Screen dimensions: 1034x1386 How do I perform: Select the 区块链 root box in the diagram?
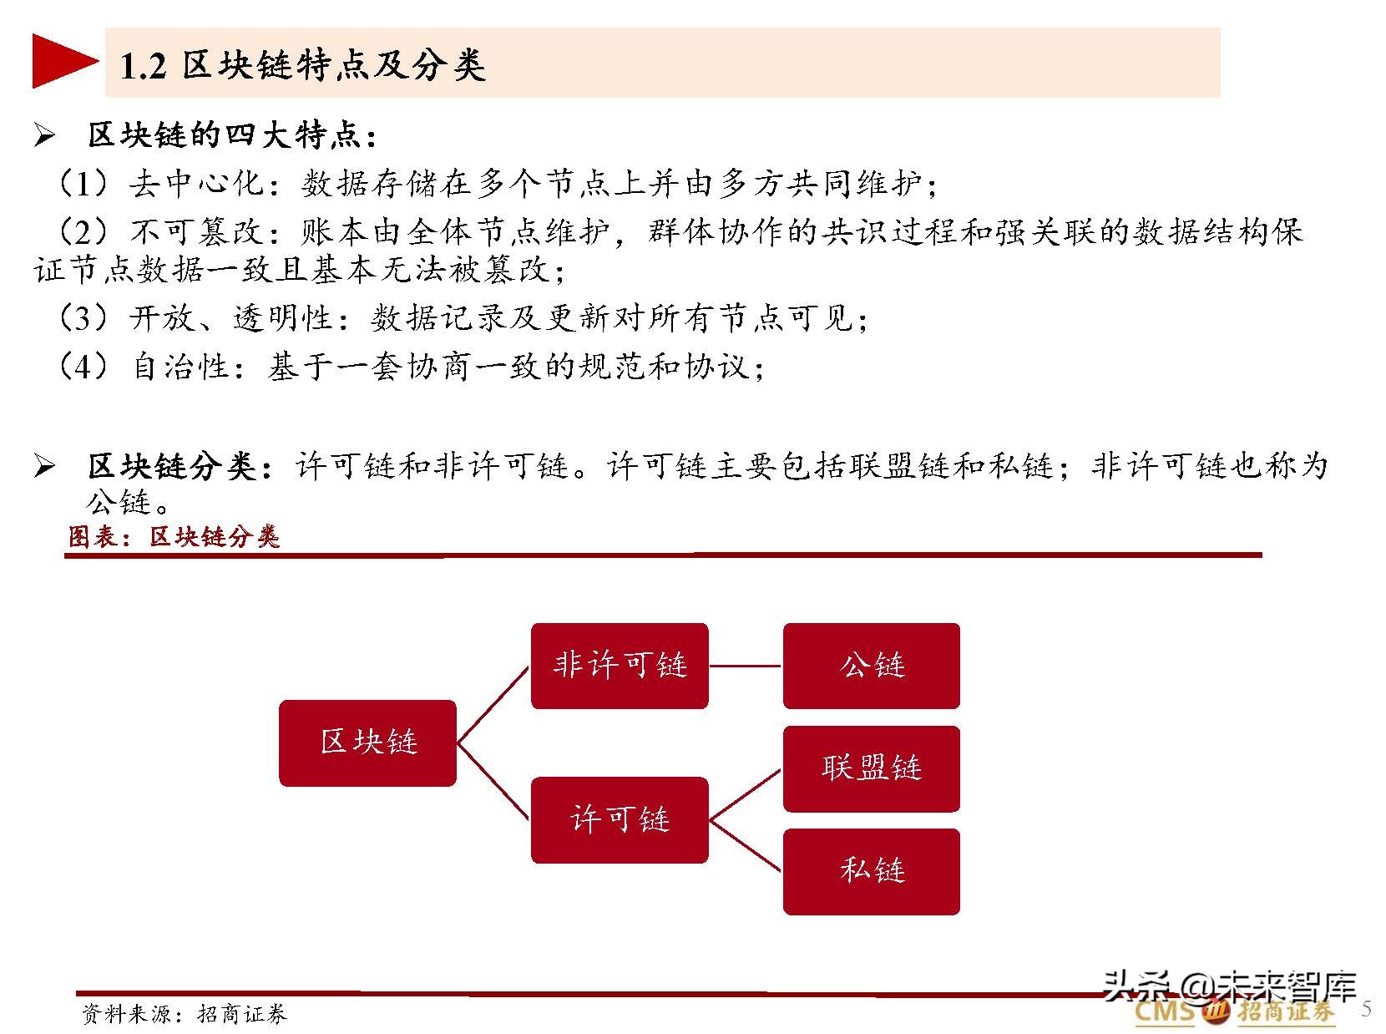(x=367, y=743)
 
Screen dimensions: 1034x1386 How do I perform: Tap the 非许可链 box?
(x=620, y=666)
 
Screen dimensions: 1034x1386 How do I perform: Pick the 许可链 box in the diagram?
(x=620, y=819)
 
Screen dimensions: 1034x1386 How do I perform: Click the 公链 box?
(x=871, y=666)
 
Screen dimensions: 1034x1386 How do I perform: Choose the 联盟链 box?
(x=871, y=768)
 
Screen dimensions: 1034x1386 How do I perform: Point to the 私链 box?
(x=871, y=871)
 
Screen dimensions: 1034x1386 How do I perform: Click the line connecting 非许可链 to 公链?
(x=746, y=666)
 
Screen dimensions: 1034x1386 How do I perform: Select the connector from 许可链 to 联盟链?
(x=746, y=793)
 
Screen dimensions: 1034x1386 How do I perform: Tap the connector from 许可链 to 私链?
(x=746, y=845)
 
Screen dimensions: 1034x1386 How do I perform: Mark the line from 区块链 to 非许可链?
(x=493, y=704)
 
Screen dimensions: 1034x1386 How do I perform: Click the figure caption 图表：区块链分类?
(x=174, y=537)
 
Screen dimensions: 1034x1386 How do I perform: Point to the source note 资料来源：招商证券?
(x=185, y=1014)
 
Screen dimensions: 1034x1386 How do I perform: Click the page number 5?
(x=1367, y=1008)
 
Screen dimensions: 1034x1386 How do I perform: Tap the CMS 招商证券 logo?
(x=1234, y=1013)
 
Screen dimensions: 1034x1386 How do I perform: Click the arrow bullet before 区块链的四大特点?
(x=44, y=136)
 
